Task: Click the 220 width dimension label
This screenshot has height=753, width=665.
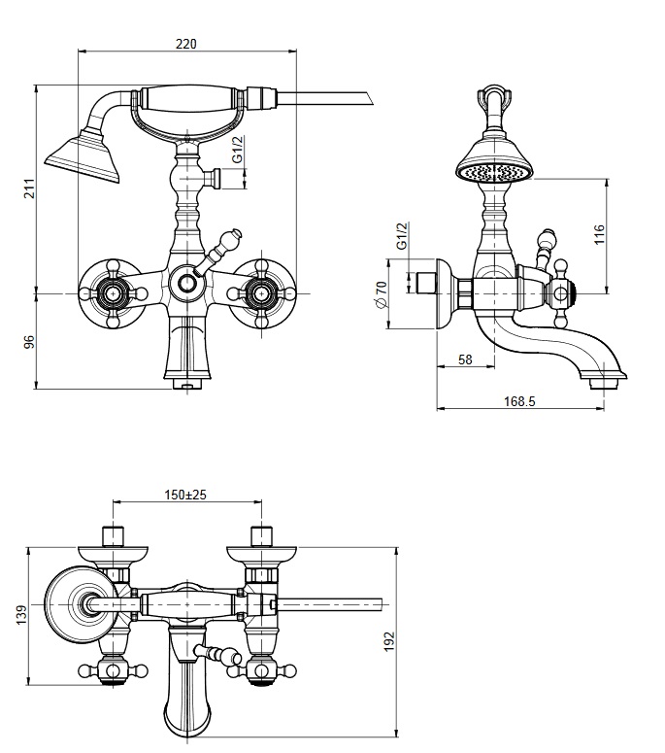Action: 186,44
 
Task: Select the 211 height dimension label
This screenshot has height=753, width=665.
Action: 30,188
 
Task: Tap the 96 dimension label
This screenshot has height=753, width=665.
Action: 30,342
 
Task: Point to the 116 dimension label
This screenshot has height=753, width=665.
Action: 599,234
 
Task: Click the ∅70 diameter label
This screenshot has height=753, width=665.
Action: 382,294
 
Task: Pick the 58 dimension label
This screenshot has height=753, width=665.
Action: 465,359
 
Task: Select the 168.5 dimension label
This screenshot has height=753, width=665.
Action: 519,401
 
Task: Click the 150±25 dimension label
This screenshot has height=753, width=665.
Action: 185,495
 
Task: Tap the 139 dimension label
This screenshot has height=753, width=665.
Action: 21,615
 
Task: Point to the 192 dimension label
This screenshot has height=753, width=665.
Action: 389,641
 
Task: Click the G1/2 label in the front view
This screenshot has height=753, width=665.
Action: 239,150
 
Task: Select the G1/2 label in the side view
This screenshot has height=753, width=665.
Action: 402,235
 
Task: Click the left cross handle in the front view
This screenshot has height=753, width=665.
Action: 113,292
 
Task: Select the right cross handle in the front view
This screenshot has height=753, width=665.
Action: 261,292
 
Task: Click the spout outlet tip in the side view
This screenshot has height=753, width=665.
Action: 603,383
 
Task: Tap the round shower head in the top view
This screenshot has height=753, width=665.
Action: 82,604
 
